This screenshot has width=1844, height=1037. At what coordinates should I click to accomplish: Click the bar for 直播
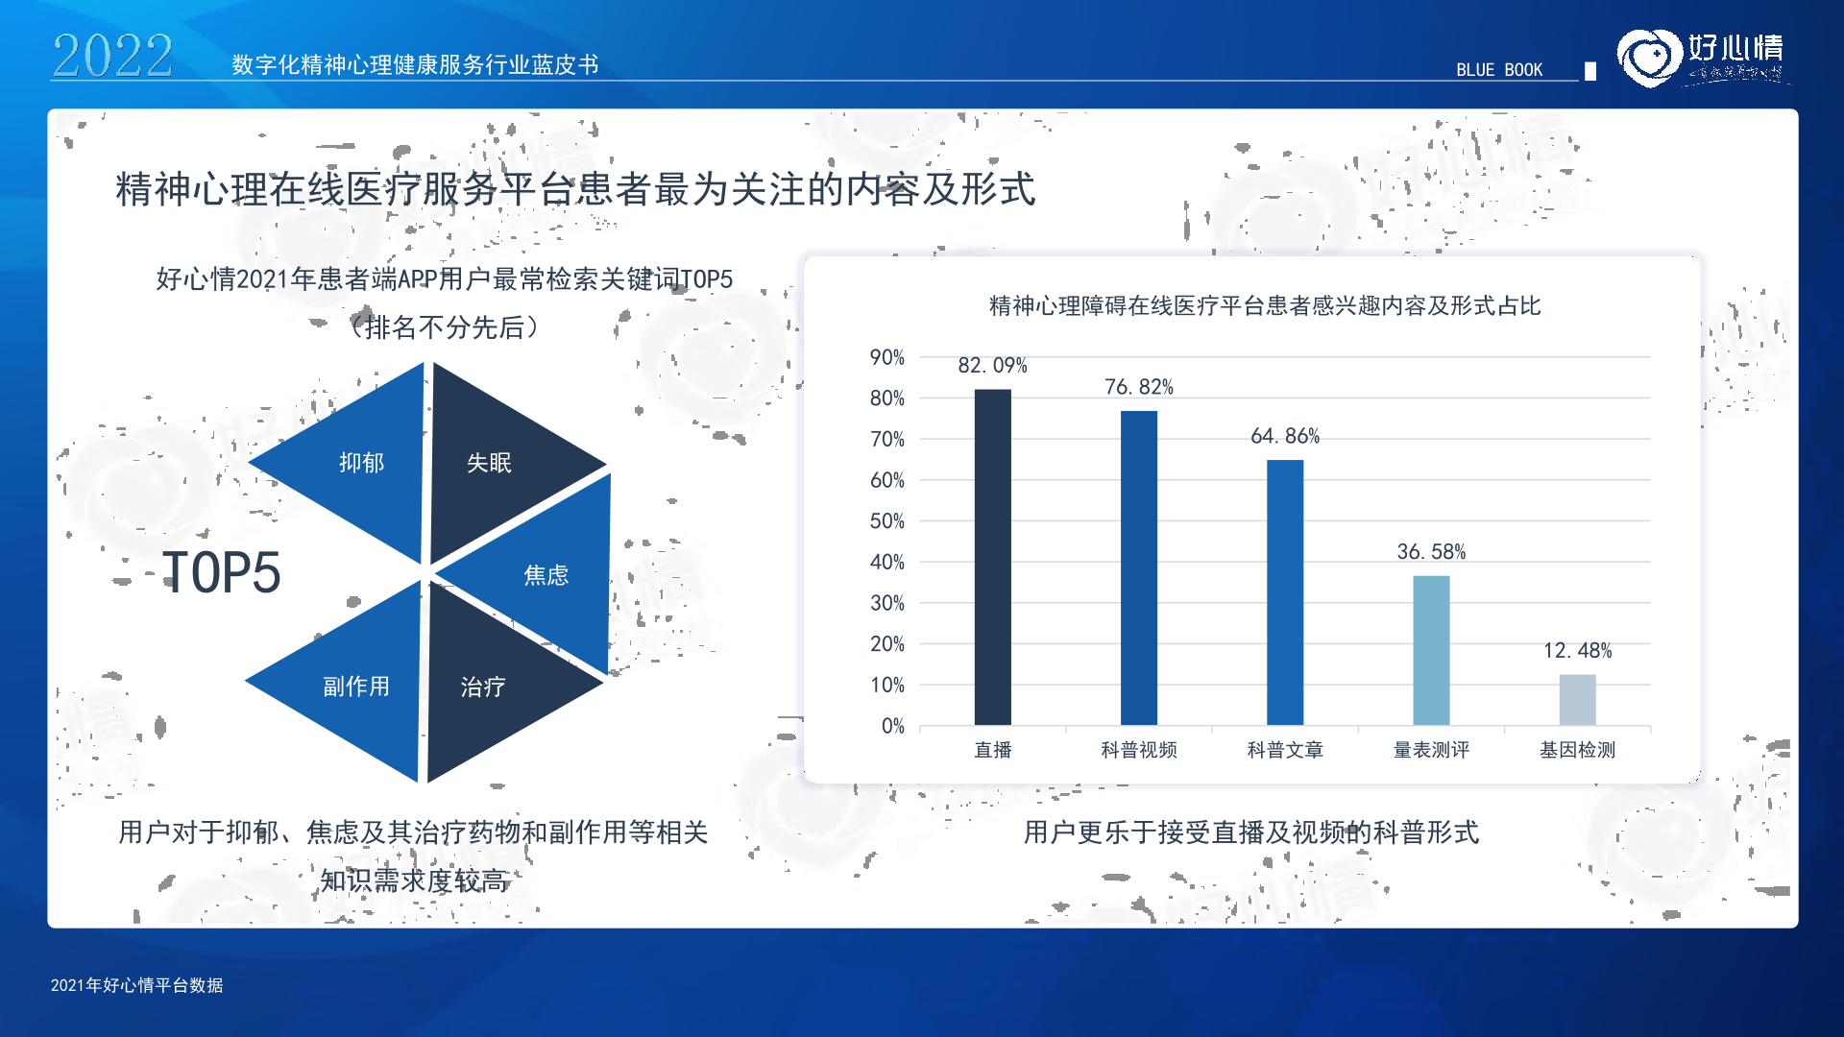pos(992,557)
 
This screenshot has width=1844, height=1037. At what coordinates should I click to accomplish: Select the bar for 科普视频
pos(1139,567)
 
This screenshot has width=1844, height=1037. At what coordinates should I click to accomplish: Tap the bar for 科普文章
pos(1285,592)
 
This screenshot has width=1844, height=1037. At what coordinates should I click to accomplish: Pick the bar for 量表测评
pos(1431,650)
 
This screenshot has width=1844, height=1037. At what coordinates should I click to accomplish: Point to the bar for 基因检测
pos(1577,699)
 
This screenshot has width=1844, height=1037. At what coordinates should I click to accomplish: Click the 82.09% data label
pos(992,366)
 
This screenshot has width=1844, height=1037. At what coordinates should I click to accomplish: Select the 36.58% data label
pos(1431,552)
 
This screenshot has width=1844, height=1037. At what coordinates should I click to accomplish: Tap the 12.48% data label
pos(1577,651)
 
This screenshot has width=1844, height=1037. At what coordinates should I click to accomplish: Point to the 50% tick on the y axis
pos(887,521)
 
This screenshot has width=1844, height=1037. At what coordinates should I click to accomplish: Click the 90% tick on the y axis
pos(887,357)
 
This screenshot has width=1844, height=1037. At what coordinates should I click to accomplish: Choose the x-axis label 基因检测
pos(1577,750)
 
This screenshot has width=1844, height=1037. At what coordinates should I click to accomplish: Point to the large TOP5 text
pos(221,573)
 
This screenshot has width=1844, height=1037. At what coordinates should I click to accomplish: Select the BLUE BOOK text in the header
pos(1499,70)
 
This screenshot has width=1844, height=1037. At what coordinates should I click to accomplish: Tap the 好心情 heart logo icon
pos(1650,58)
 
